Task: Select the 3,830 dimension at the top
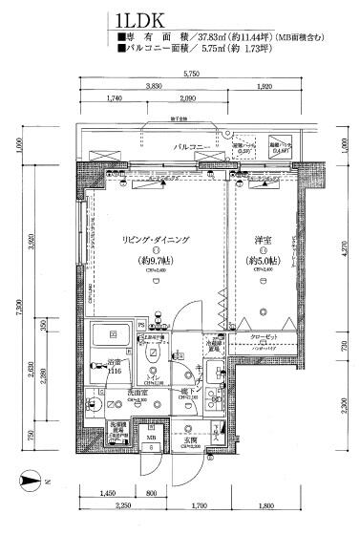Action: click(x=153, y=86)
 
